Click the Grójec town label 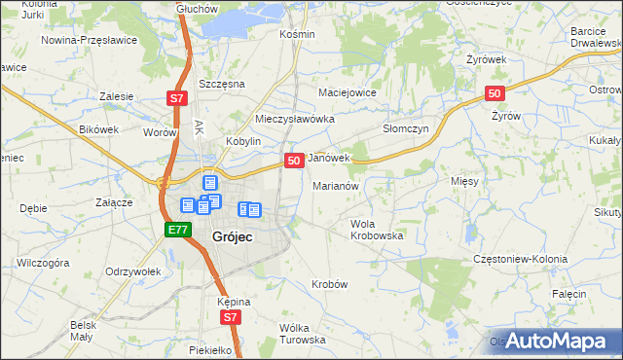(234, 237)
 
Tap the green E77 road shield (176, 230)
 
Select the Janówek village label (328, 158)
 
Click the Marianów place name (336, 185)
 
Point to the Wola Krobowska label (377, 230)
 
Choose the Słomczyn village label (406, 127)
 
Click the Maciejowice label (348, 92)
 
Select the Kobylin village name (244, 141)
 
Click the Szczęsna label (219, 84)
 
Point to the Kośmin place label (297, 34)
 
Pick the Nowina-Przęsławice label (89, 41)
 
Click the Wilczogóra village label (43, 263)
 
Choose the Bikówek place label (98, 128)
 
